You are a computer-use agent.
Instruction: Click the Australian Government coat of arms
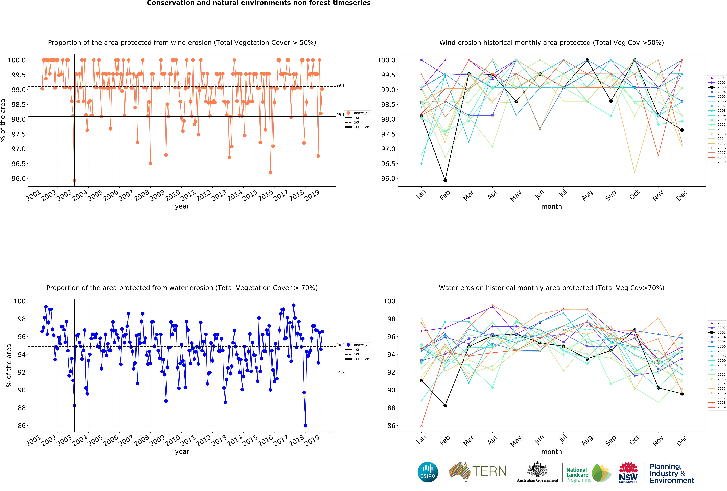pos(537,469)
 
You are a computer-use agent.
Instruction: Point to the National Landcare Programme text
pos(578,475)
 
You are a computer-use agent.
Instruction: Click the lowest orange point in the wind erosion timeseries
pos(74,180)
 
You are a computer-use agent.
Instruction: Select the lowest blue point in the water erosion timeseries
pos(305,426)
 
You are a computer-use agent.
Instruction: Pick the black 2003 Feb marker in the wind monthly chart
pos(445,180)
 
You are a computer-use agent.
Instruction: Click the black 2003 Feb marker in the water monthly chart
pos(445,406)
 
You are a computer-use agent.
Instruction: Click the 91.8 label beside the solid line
pos(340,372)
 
